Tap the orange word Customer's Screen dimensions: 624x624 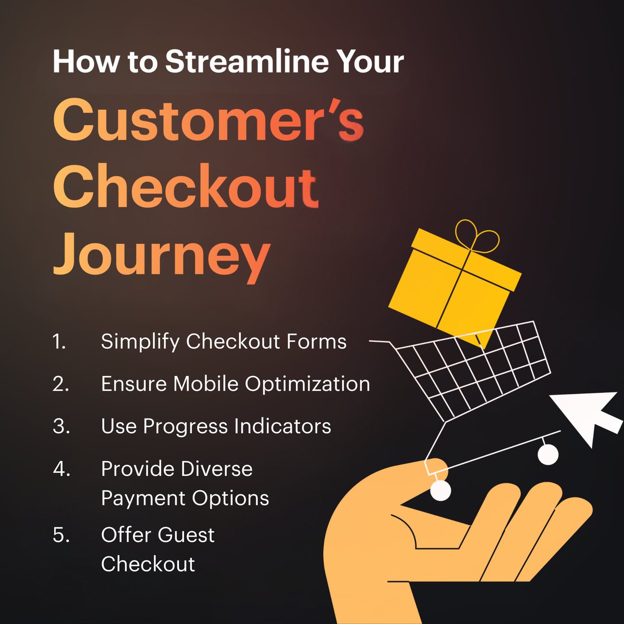point(208,120)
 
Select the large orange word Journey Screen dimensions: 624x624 point(161,256)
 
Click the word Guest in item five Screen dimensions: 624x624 point(186,535)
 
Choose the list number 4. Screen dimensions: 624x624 point(61,470)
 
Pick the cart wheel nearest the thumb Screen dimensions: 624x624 point(440,490)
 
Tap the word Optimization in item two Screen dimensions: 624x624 point(307,384)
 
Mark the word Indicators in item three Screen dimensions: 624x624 point(282,427)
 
